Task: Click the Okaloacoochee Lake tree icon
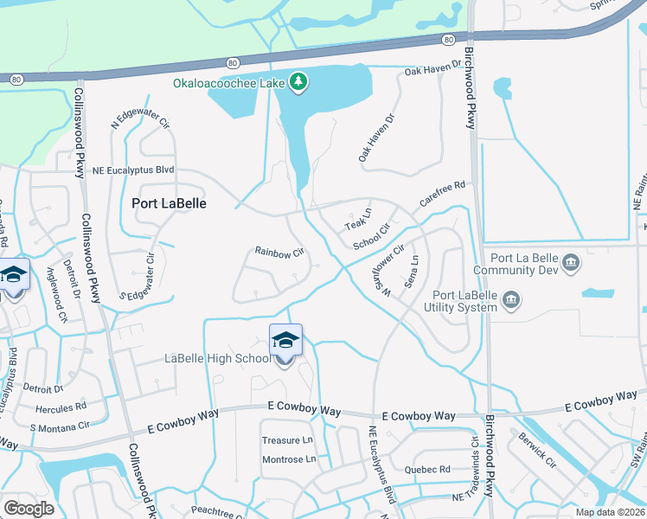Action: click(299, 81)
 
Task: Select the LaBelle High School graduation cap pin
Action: click(285, 341)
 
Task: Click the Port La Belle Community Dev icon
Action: click(570, 262)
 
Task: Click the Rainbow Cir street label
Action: click(279, 253)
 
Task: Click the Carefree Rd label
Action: click(443, 192)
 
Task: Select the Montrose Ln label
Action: click(289, 459)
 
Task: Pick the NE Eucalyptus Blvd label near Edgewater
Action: click(133, 171)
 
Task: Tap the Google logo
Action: click(28, 508)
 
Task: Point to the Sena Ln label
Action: click(413, 272)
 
